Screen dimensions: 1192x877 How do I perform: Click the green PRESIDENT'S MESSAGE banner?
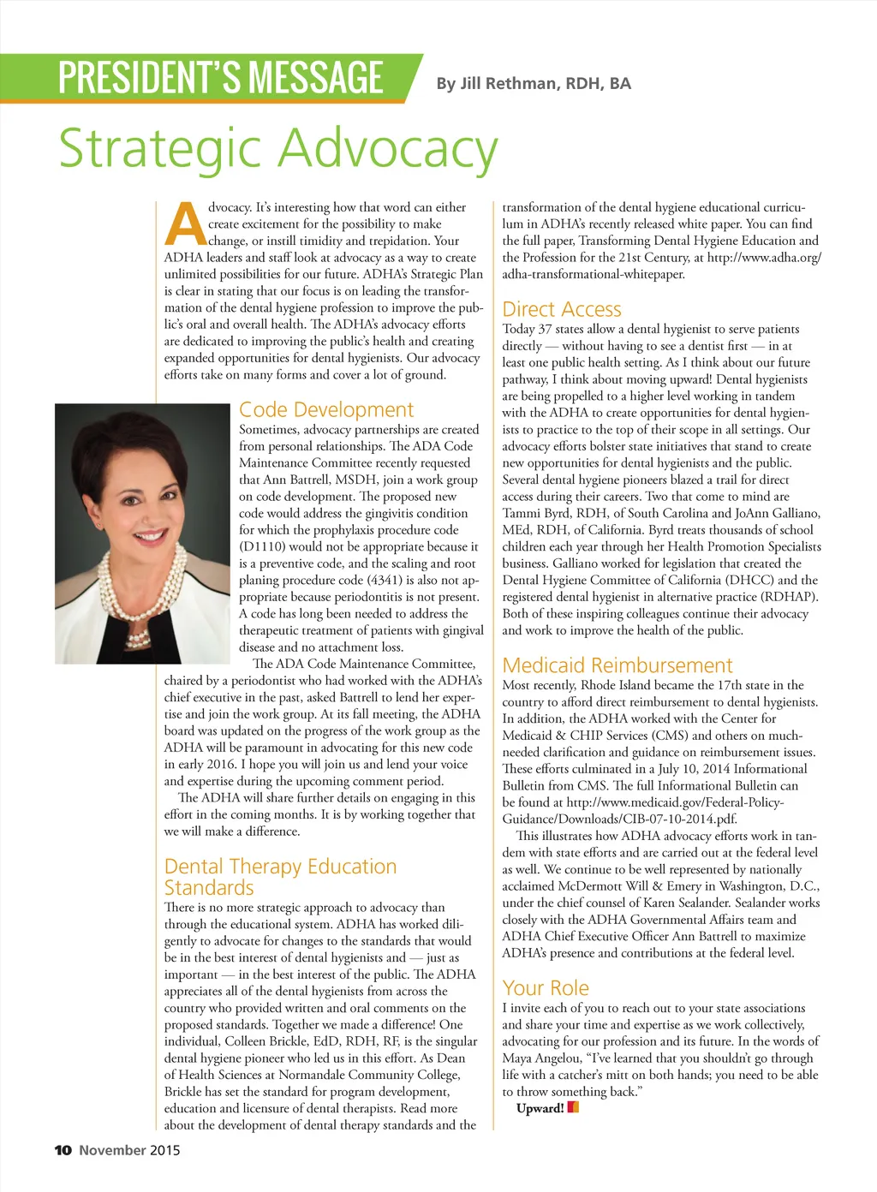[x=220, y=78]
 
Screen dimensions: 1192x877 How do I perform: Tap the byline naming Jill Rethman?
[x=533, y=84]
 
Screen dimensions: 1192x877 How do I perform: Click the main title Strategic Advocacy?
[x=277, y=149]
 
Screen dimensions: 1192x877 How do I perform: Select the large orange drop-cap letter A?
[x=185, y=224]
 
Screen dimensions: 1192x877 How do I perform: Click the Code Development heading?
[x=325, y=410]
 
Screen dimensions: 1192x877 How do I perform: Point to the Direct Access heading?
[x=562, y=309]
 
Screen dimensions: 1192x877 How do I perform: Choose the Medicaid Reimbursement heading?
[x=617, y=665]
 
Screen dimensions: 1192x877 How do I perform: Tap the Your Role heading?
[x=546, y=988]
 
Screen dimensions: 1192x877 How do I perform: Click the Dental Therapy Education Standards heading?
[x=280, y=877]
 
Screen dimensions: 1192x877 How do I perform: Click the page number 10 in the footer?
[x=63, y=1150]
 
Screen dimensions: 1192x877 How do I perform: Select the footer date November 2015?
[x=129, y=1150]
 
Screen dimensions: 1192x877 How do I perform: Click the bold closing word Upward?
[x=540, y=1108]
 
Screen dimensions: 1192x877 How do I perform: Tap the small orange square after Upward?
[x=573, y=1107]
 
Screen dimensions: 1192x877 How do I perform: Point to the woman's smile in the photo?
[x=150, y=537]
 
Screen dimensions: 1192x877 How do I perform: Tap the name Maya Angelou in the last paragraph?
[x=541, y=1058]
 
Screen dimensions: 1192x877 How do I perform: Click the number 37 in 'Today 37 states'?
[x=545, y=329]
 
